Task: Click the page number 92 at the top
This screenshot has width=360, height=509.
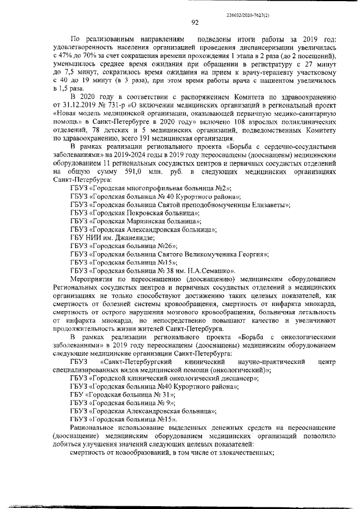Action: pos(195,22)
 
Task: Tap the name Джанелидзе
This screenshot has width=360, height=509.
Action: pos(131,237)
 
